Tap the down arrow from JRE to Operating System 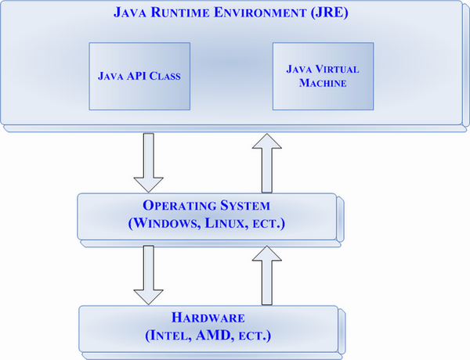pyautogui.click(x=148, y=162)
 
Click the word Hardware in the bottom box pyautogui.click(x=208, y=319)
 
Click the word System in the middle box pyautogui.click(x=240, y=207)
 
